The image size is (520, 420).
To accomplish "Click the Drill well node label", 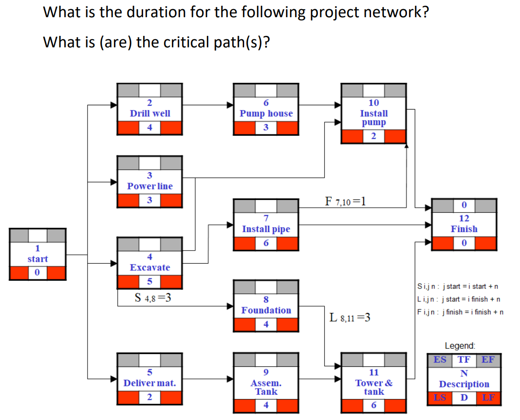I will (x=150, y=113).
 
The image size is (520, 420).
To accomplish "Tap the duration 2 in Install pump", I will (x=373, y=136).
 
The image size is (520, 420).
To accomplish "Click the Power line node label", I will (x=150, y=186).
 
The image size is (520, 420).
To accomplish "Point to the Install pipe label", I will (x=266, y=229).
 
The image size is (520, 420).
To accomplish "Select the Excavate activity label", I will (x=150, y=267).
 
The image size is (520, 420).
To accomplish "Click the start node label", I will (x=37, y=259).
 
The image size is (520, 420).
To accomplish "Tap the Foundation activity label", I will (x=266, y=310).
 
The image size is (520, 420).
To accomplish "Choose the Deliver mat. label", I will (x=150, y=383).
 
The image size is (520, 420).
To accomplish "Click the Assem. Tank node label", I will (x=266, y=387).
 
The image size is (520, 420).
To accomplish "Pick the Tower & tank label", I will (x=373, y=387).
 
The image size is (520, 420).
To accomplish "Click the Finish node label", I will (x=464, y=229).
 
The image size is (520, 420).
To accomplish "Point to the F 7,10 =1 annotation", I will (x=345, y=201).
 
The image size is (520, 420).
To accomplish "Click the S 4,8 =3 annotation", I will (x=153, y=298).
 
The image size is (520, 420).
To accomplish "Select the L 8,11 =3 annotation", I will (x=350, y=317).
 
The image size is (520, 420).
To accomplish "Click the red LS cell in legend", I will (x=439, y=398).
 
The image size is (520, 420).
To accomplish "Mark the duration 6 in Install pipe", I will (x=266, y=243).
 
